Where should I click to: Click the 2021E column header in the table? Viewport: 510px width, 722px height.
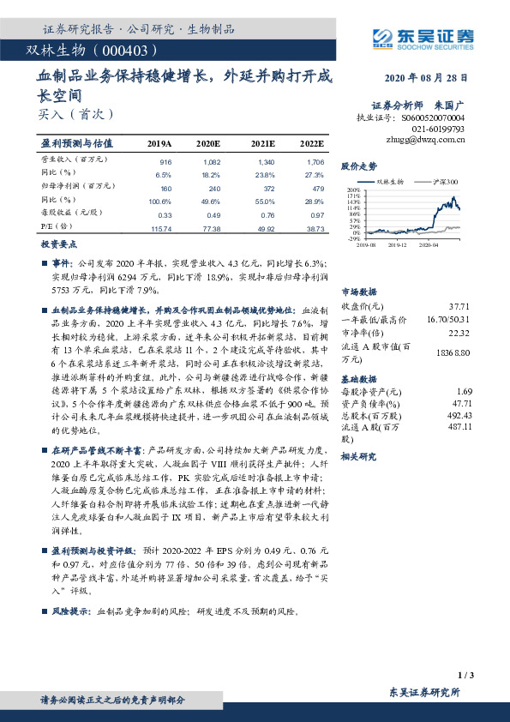[264, 143]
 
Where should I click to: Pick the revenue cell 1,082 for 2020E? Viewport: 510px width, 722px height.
[209, 161]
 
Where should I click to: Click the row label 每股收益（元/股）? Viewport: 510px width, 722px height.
[73, 214]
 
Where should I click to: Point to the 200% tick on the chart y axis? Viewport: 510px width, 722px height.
[354, 190]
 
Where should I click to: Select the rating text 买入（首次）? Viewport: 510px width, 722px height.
[75, 113]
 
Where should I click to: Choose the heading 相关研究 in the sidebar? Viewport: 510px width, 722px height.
[359, 457]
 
